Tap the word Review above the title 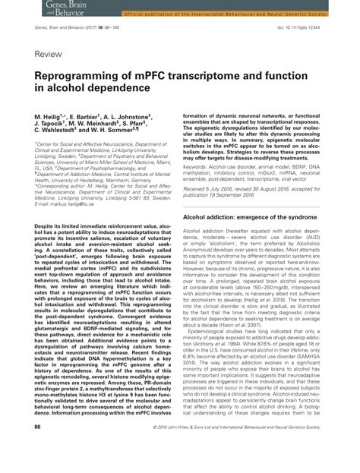click(x=47, y=55)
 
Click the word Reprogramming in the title click(x=75, y=77)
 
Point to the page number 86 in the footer click(x=38, y=449)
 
